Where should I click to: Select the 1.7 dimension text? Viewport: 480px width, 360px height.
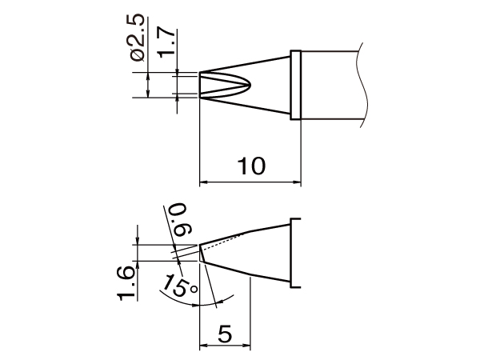pos(164,42)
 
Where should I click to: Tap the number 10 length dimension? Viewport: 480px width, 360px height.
pos(250,166)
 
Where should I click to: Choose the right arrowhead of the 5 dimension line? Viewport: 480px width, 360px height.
pos(247,346)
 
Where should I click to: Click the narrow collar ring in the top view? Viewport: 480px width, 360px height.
pos(295,86)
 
